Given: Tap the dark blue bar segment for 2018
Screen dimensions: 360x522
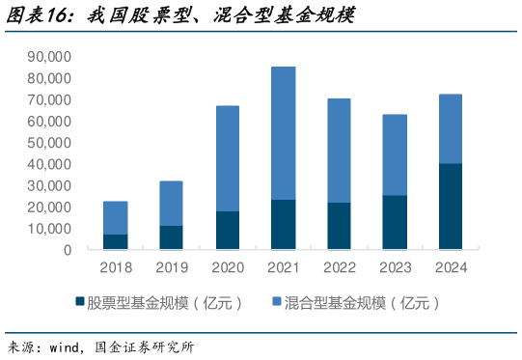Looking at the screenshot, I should pyautogui.click(x=116, y=242).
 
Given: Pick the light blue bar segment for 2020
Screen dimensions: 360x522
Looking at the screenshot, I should pyautogui.click(x=228, y=158).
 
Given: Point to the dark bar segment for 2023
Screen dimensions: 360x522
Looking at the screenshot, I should pyautogui.click(x=395, y=223).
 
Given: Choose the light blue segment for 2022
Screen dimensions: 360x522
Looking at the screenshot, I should pyautogui.click(x=339, y=151).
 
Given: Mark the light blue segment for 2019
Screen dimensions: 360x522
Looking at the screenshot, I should pyautogui.click(x=172, y=204).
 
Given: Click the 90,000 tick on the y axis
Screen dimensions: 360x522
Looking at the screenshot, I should pyautogui.click(x=51, y=57).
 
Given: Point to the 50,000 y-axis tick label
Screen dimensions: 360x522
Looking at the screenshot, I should pyautogui.click(x=51, y=143).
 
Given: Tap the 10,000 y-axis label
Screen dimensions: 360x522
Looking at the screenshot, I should pyautogui.click(x=51, y=229).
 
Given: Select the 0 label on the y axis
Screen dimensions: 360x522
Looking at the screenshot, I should pyautogui.click(x=68, y=250).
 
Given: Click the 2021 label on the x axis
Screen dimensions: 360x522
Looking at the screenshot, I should pyautogui.click(x=283, y=267).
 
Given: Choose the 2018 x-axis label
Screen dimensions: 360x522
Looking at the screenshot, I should pyautogui.click(x=116, y=267).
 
